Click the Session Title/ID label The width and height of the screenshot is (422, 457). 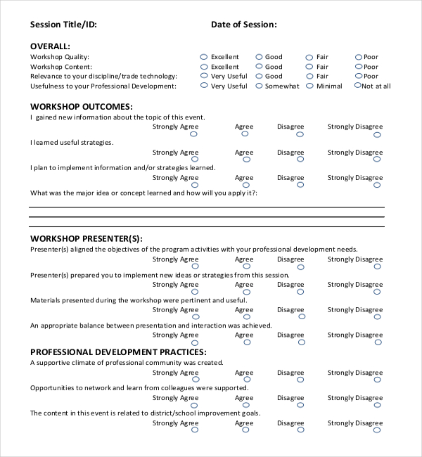63,25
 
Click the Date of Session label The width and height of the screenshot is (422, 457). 243,25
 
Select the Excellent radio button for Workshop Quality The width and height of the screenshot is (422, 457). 204,56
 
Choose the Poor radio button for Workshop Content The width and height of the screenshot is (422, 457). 358,66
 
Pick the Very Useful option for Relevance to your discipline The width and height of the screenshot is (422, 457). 204,76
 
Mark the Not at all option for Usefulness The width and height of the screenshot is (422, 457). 358,85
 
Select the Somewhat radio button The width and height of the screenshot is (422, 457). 259,85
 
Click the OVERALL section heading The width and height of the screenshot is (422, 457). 50,46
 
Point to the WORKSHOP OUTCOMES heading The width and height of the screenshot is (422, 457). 81,107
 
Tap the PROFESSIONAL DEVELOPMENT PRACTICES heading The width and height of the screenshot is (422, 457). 117,352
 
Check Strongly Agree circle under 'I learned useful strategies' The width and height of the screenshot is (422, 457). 194,160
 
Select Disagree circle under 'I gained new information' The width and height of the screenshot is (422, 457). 300,134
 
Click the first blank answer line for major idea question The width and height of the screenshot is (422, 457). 206,207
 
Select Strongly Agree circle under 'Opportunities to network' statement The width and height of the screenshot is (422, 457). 194,406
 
